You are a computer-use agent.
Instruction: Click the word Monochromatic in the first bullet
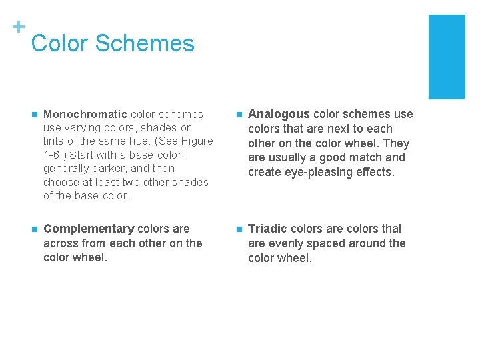pyautogui.click(x=85, y=114)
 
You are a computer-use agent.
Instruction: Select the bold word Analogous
pyautogui.click(x=279, y=114)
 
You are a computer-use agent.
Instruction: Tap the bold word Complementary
pyautogui.click(x=89, y=229)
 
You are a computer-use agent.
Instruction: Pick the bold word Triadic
pyautogui.click(x=267, y=229)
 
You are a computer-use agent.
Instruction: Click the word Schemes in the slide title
pyautogui.click(x=145, y=43)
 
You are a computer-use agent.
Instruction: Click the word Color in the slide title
pyautogui.click(x=59, y=43)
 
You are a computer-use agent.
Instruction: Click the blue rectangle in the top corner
pyautogui.click(x=446, y=57)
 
